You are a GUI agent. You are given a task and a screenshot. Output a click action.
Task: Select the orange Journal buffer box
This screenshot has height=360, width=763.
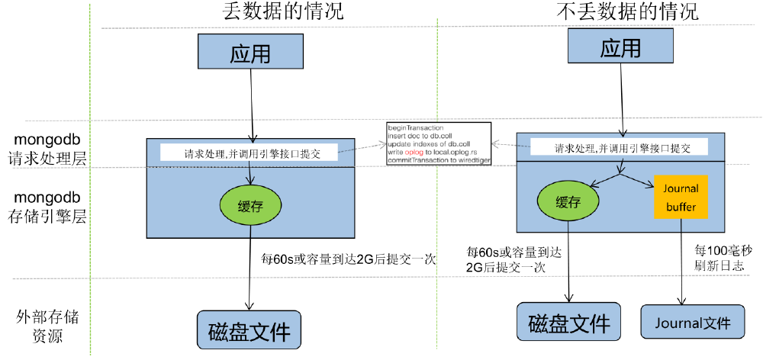click(x=682, y=196)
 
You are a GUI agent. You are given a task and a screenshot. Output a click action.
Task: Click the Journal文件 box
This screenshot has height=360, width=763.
click(x=692, y=323)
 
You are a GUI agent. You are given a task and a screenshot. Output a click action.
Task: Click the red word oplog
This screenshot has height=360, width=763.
click(x=414, y=152)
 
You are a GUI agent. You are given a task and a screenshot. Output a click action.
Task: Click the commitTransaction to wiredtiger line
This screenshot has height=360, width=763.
click(x=438, y=160)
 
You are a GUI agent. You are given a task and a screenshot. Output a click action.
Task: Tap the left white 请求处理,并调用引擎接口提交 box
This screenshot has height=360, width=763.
click(x=250, y=153)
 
